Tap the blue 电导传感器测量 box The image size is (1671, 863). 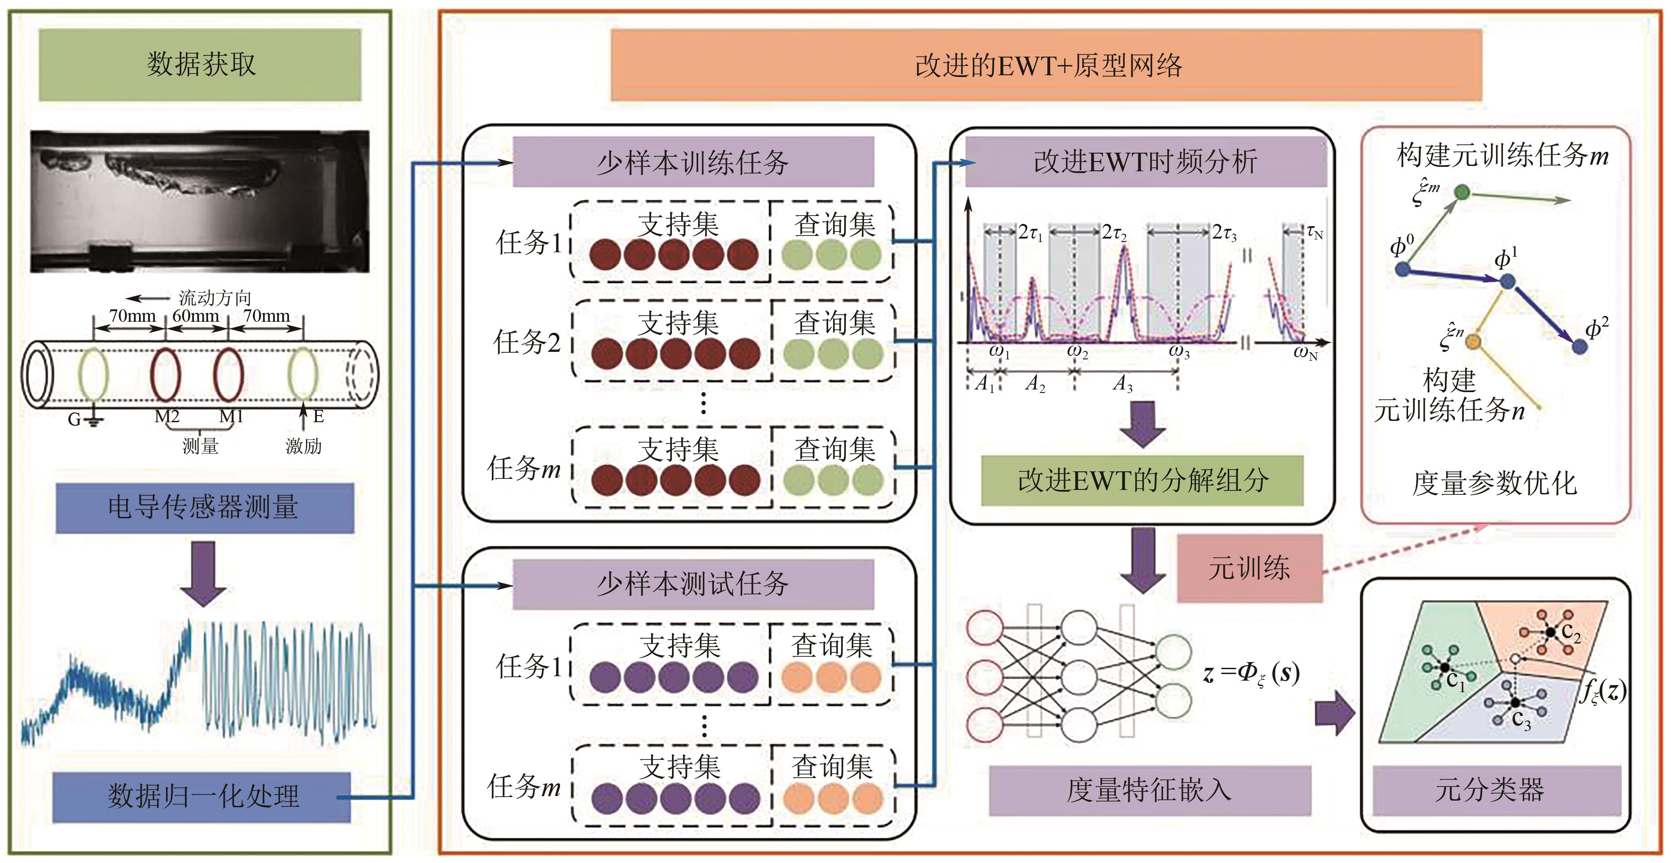click(x=205, y=508)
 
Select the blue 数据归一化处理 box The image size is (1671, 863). click(x=202, y=796)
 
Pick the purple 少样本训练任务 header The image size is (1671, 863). click(x=693, y=162)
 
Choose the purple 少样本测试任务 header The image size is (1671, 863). click(x=693, y=584)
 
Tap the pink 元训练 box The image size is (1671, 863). click(x=1249, y=568)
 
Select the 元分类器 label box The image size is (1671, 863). click(x=1490, y=790)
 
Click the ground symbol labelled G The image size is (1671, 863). click(x=93, y=421)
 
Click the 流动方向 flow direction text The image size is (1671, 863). click(x=215, y=297)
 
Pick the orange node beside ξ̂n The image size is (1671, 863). click(x=1473, y=341)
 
